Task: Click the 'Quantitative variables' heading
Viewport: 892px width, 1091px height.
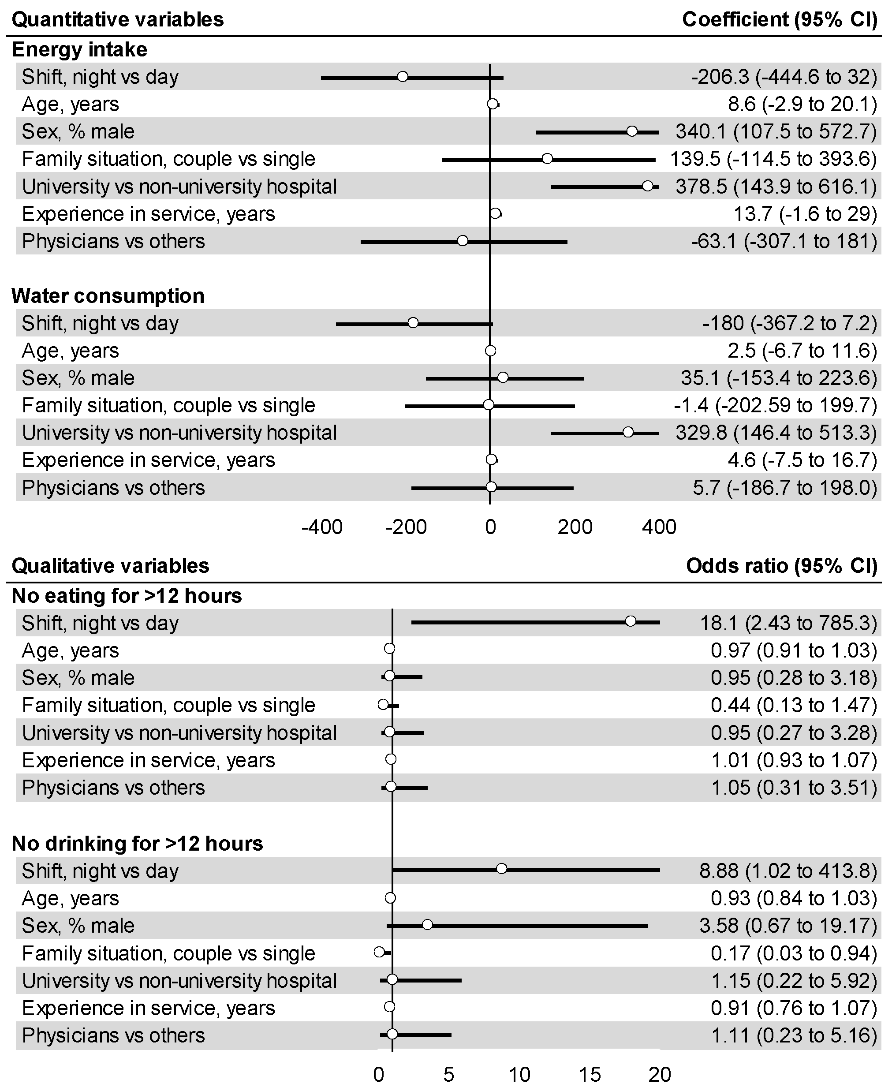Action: point(118,19)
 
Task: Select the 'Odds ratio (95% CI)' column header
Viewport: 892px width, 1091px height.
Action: point(781,566)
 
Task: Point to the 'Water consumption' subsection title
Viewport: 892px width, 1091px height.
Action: point(108,296)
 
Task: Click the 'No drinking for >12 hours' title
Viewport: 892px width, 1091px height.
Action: point(137,843)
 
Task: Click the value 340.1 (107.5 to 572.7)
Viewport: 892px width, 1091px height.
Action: point(776,131)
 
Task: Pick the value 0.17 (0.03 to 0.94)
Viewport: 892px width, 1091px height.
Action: point(794,953)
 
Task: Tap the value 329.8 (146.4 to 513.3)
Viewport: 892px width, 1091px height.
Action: point(776,433)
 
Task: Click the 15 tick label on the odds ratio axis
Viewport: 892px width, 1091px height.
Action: point(590,1074)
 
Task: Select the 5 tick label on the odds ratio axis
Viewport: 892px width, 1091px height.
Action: point(448,1074)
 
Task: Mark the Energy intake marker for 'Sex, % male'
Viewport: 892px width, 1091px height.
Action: point(632,131)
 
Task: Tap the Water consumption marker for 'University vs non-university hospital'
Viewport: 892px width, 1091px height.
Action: point(628,433)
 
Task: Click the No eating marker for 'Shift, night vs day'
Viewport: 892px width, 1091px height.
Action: point(631,621)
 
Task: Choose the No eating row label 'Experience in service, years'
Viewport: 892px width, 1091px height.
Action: point(148,760)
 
